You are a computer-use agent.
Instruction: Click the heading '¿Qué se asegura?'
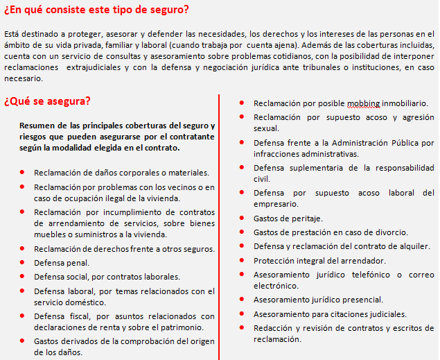(47, 101)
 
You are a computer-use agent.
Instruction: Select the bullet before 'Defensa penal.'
(23, 263)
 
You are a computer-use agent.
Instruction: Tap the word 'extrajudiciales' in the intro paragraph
(103, 67)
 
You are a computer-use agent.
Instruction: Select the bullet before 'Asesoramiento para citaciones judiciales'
(240, 314)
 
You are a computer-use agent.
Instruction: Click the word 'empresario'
(276, 204)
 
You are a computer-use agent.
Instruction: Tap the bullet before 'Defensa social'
(23, 277)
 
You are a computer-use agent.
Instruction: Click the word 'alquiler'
(414, 246)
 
